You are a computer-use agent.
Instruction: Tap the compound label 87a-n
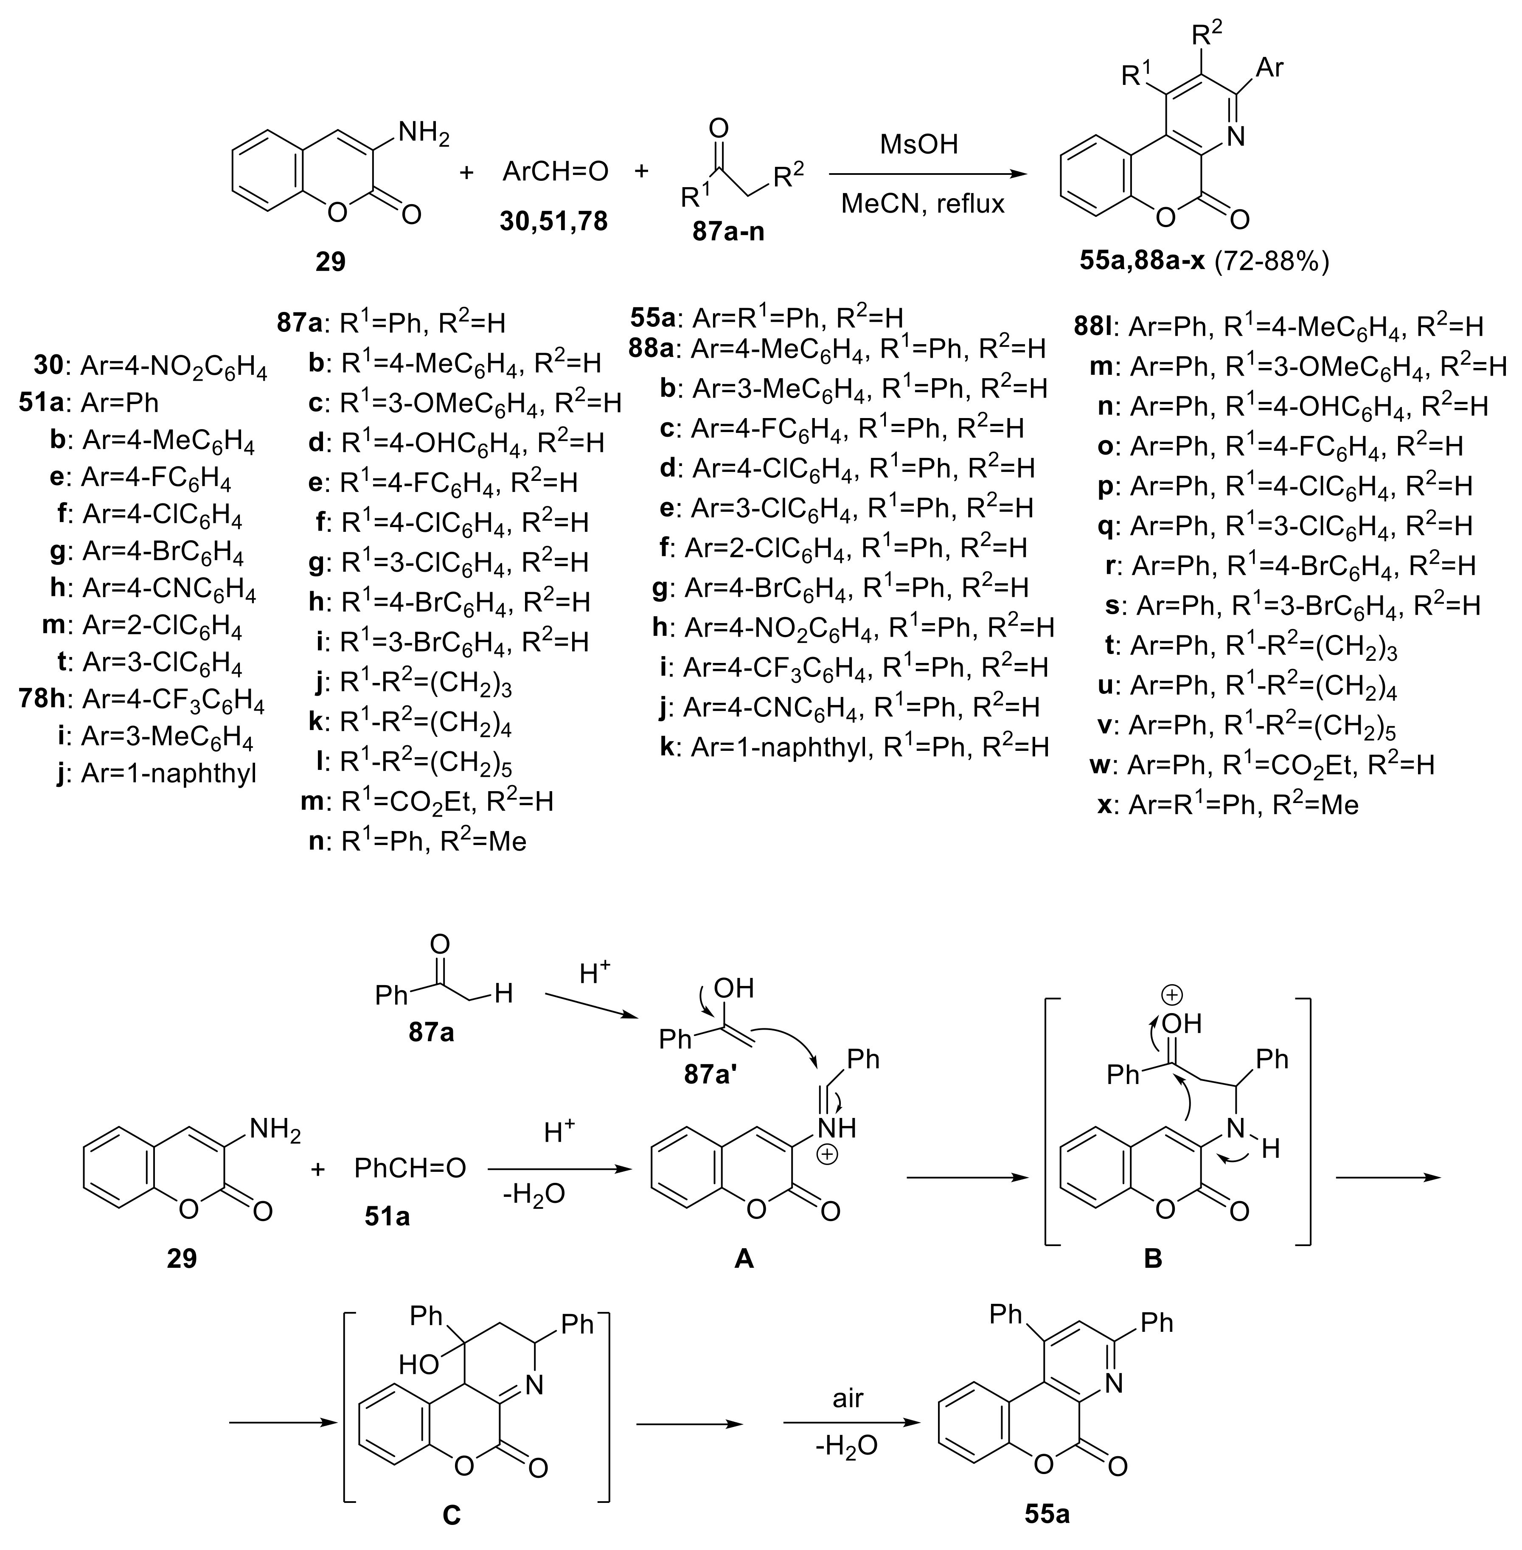[x=723, y=232]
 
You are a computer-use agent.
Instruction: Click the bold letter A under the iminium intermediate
[x=744, y=1259]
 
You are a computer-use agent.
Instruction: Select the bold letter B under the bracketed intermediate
[x=1153, y=1258]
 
